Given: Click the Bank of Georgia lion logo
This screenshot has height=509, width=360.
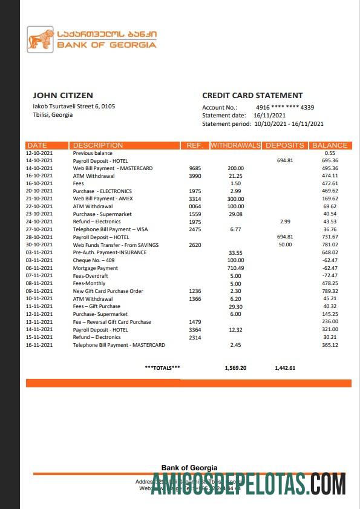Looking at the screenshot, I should pyautogui.click(x=40, y=39).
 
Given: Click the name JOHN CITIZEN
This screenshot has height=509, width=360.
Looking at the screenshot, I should pyautogui.click(x=63, y=95).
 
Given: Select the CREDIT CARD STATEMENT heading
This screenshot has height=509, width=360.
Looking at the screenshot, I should pyautogui.click(x=252, y=95).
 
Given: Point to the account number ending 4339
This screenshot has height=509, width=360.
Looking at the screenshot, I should pyautogui.click(x=285, y=107).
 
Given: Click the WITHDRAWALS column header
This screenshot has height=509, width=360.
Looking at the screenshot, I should pyautogui.click(x=235, y=145).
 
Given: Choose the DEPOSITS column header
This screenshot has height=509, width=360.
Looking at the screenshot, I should pyautogui.click(x=285, y=145).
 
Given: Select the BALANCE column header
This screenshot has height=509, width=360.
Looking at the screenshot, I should pyautogui.click(x=330, y=145).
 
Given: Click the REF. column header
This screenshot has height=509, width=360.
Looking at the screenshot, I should pyautogui.click(x=194, y=145).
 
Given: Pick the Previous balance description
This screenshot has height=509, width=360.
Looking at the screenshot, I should pyautogui.click(x=93, y=153).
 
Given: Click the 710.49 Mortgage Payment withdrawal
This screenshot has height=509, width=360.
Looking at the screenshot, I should pyautogui.click(x=235, y=268).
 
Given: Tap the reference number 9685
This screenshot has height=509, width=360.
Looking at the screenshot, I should pyautogui.click(x=195, y=168).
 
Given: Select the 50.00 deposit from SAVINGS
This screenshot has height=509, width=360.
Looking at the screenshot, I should pyautogui.click(x=285, y=245).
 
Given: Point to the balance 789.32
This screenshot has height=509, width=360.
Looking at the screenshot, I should pyautogui.click(x=330, y=291).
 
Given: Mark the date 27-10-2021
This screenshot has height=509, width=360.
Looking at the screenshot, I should pyautogui.click(x=40, y=229).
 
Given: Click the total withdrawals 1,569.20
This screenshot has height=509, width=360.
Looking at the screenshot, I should pyautogui.click(x=235, y=367).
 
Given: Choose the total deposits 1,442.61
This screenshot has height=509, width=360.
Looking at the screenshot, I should pyautogui.click(x=285, y=367).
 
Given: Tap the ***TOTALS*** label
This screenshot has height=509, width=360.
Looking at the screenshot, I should pyautogui.click(x=162, y=367).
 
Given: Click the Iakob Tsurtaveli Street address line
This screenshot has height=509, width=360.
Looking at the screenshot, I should pyautogui.click(x=74, y=106).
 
